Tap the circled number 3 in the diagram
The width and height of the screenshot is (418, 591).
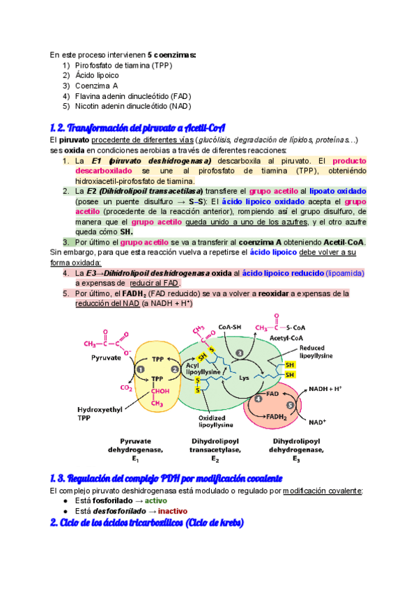click(x=240, y=354)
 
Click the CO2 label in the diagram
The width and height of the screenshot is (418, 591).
click(x=126, y=388)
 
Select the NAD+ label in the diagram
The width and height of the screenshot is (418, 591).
click(x=318, y=422)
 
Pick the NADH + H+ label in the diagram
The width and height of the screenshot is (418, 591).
click(x=325, y=388)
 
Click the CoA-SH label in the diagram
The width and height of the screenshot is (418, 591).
click(x=230, y=328)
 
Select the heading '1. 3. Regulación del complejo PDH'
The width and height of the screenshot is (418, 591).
click(x=166, y=478)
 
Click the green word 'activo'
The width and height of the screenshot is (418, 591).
click(x=156, y=500)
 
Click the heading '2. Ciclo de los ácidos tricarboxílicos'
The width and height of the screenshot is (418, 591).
click(x=146, y=523)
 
